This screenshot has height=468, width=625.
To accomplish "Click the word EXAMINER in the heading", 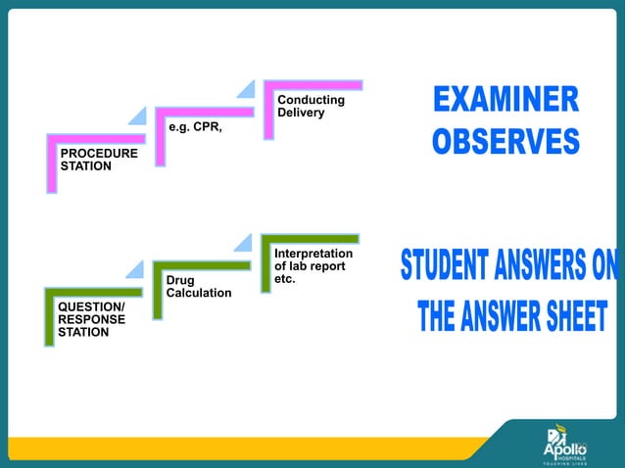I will [505, 100].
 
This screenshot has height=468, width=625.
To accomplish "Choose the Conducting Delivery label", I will [311, 107].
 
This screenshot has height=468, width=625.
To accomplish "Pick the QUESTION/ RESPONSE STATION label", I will [91, 319].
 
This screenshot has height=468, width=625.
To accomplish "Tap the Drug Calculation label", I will [199, 287].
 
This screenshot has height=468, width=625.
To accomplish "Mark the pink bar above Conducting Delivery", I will [312, 84].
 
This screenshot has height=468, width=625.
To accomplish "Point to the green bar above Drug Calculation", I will [201, 264].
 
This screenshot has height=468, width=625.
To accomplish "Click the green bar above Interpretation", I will [311, 238].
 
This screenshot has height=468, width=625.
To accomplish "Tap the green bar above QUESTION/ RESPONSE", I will [92, 292].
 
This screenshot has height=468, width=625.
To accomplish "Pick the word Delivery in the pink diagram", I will [301, 114].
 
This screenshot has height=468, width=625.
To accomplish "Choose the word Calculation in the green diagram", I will [199, 294].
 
